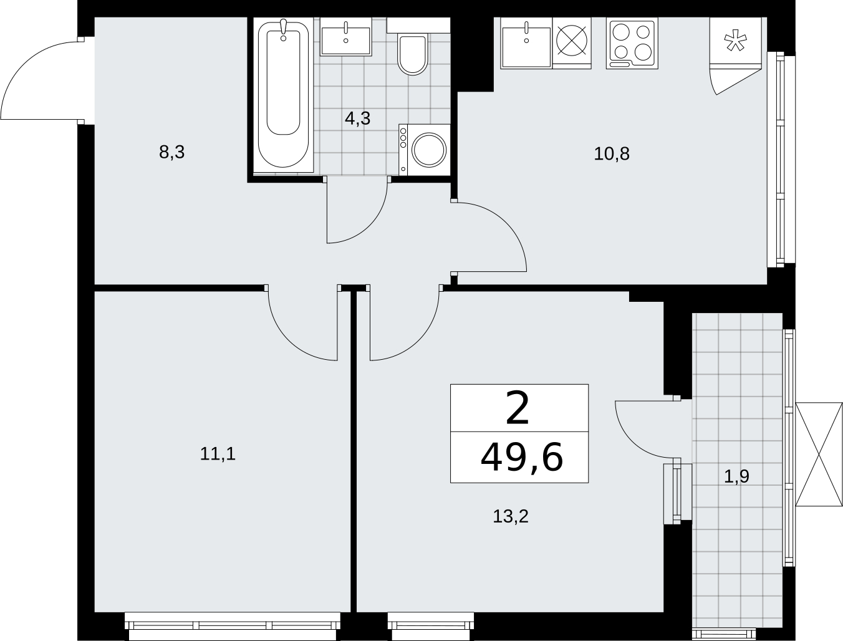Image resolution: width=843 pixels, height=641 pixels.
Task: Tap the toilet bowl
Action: pyautogui.click(x=413, y=54)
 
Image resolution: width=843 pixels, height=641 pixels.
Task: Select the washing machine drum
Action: pyautogui.click(x=429, y=150)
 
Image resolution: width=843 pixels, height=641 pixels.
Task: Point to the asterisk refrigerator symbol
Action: pyautogui.click(x=735, y=42)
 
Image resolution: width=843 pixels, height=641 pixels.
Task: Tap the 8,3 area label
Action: pyautogui.click(x=171, y=152)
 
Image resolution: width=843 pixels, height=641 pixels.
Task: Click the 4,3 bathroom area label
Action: pyautogui.click(x=357, y=118)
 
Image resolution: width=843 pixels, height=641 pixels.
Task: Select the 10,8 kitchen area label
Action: pyautogui.click(x=612, y=154)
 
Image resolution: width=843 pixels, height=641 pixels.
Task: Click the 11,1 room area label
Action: pyautogui.click(x=218, y=454)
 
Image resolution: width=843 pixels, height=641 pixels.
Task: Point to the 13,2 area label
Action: pyautogui.click(x=511, y=516)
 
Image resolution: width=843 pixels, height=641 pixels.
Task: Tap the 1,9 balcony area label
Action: pyautogui.click(x=736, y=476)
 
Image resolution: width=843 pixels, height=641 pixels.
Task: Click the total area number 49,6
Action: pyautogui.click(x=521, y=457)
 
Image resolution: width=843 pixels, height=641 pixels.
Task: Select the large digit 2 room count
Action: pyautogui.click(x=518, y=408)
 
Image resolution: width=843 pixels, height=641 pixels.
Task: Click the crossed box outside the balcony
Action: pyautogui.click(x=819, y=455)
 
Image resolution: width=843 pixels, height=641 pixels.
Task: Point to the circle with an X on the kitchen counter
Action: pyautogui.click(x=572, y=41)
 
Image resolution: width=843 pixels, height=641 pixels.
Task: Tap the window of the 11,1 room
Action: pyautogui.click(x=233, y=626)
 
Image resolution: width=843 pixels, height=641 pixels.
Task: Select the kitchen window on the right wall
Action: pyautogui.click(x=781, y=160)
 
